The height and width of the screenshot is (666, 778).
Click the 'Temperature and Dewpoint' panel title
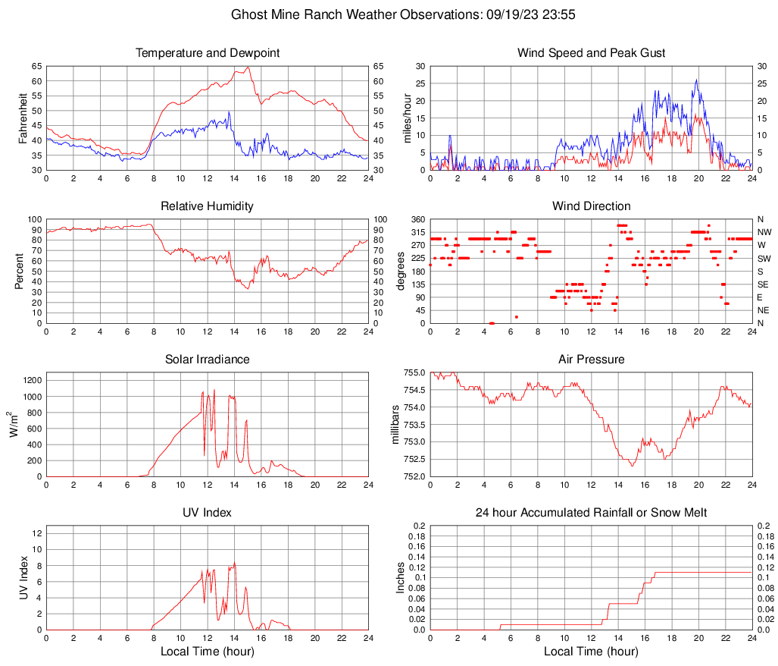208,53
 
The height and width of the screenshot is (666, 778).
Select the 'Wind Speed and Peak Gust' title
591,53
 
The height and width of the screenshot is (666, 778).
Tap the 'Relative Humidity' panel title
208,206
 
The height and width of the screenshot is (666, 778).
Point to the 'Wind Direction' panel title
591,206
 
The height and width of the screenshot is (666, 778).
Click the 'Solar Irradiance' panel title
208,360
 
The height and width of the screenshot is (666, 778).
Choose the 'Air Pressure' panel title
591,360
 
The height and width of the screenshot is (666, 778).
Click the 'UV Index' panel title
208,513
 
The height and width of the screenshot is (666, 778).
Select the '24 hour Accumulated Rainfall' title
591,513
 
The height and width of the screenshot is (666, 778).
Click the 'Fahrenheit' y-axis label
23,118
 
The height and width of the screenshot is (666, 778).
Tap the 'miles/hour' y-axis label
407,118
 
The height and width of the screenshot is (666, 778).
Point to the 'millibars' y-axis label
395,424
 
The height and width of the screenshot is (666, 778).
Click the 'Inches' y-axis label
401,577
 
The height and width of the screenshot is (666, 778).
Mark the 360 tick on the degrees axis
417,219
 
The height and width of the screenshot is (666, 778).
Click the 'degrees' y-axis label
401,271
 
